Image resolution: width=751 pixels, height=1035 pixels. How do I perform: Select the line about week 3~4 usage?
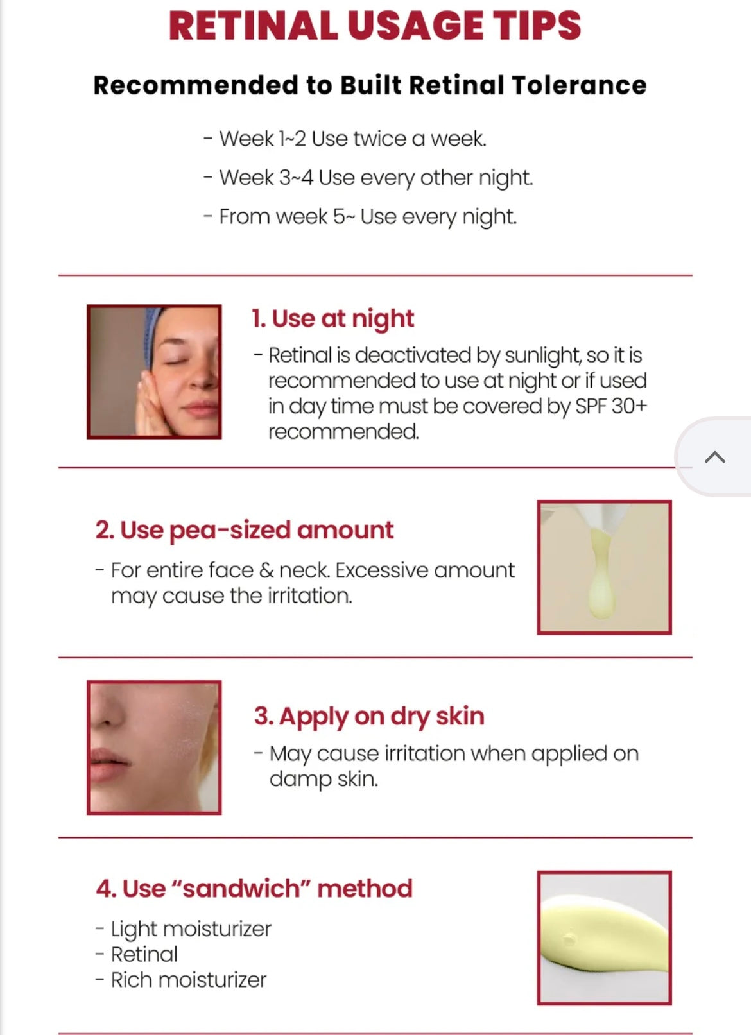pyautogui.click(x=368, y=178)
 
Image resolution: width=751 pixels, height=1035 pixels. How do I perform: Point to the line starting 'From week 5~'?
pyautogui.click(x=360, y=217)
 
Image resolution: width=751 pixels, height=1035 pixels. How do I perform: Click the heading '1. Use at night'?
pyautogui.click(x=332, y=319)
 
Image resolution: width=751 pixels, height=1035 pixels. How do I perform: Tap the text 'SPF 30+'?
pyautogui.click(x=611, y=407)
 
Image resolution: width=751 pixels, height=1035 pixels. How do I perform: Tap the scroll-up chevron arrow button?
pyautogui.click(x=714, y=457)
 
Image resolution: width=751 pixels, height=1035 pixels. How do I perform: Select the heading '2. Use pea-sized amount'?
pyautogui.click(x=245, y=530)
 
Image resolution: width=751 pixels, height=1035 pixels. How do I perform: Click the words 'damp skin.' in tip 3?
pyautogui.click(x=324, y=780)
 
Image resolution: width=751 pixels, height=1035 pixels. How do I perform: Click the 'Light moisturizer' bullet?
pyautogui.click(x=183, y=929)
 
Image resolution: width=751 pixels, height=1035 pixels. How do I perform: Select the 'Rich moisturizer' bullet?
pyautogui.click(x=181, y=980)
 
